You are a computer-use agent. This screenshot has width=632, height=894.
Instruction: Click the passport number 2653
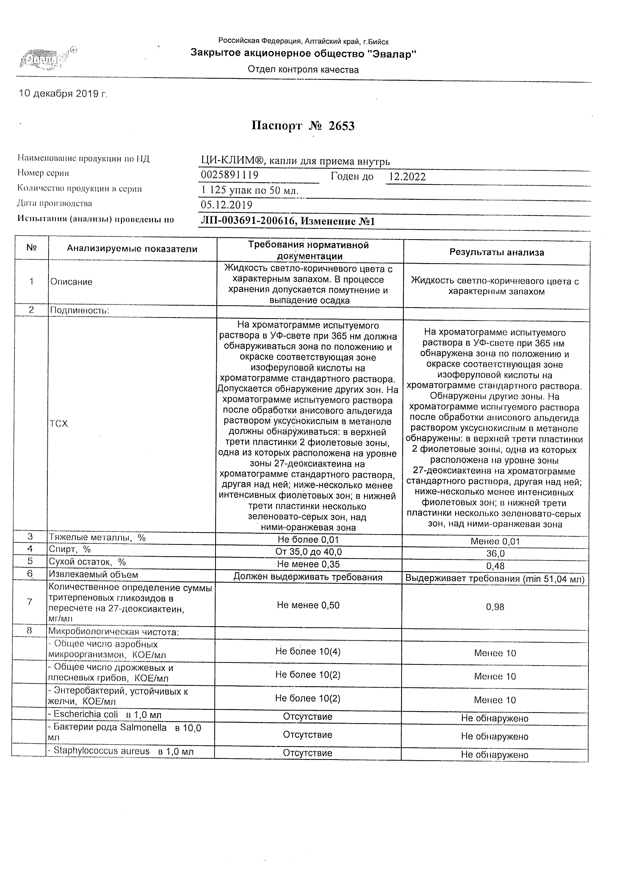pyautogui.click(x=342, y=126)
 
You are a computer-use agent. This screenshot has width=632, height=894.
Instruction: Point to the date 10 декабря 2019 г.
pyautogui.click(x=63, y=94)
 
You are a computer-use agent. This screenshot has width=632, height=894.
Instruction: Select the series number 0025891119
pyautogui.click(x=229, y=175)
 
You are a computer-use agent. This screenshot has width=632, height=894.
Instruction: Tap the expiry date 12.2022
pyautogui.click(x=407, y=177)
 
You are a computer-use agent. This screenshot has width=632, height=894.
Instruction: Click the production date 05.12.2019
pyautogui.click(x=226, y=205)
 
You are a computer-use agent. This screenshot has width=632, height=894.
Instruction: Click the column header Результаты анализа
pyautogui.click(x=496, y=252)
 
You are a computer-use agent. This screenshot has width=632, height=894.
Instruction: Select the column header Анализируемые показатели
pyautogui.click(x=132, y=249)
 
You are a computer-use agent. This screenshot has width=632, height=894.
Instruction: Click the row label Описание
pyautogui.click(x=71, y=282)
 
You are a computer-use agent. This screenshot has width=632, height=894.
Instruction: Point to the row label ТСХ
pyautogui.click(x=59, y=424)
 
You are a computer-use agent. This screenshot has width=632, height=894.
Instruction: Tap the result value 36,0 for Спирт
pyautogui.click(x=495, y=554)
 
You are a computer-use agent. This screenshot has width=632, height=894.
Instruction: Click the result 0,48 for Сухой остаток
pyautogui.click(x=495, y=566)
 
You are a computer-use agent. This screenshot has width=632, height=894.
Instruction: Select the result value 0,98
pyautogui.click(x=495, y=607)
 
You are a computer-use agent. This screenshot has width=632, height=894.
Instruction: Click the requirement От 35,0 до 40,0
pyautogui.click(x=308, y=552)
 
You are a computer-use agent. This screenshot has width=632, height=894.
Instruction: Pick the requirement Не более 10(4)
pyautogui.click(x=308, y=651)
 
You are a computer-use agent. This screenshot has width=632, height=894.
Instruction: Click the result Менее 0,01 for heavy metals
pyautogui.click(x=495, y=541)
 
